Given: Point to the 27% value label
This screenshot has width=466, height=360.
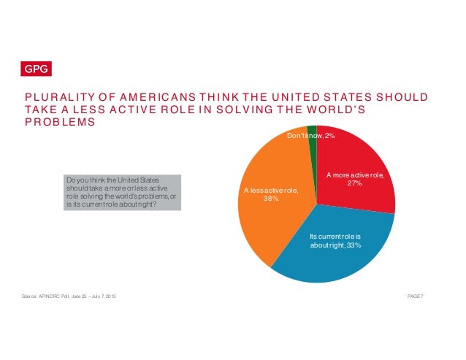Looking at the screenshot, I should (x=354, y=184).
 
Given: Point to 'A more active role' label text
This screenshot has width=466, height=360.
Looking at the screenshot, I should (x=355, y=175).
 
